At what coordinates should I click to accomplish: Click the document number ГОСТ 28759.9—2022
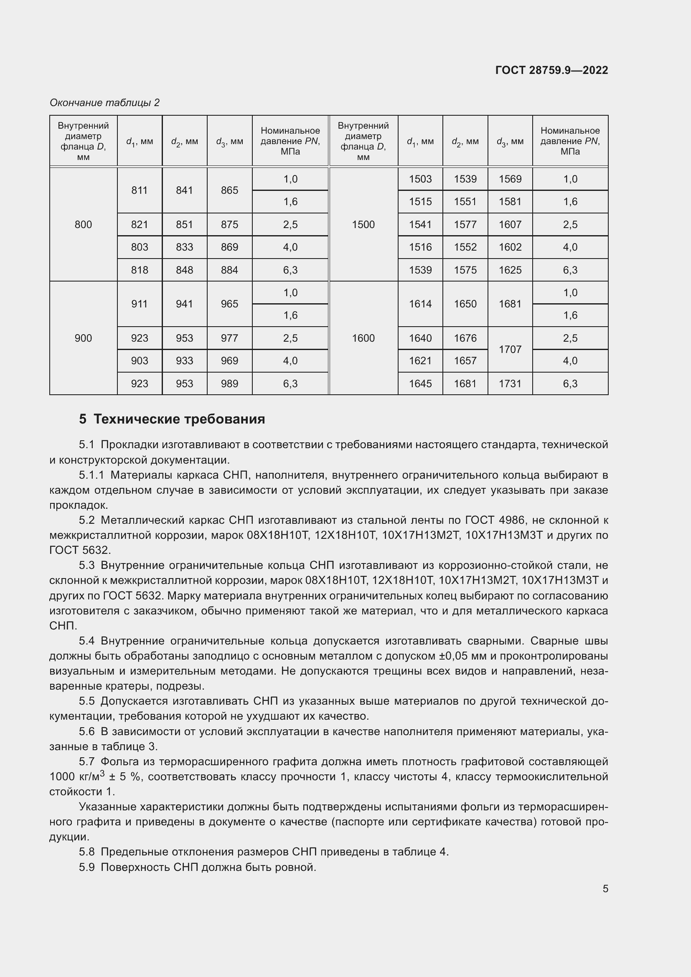[551, 70]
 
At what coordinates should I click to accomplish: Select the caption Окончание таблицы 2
[104, 103]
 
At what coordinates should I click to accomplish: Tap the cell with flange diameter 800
[84, 225]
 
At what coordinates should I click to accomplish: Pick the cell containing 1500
[363, 225]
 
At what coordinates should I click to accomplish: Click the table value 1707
[510, 349]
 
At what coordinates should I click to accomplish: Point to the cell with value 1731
[510, 384]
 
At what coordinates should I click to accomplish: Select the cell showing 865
[229, 190]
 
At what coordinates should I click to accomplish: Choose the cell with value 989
[229, 384]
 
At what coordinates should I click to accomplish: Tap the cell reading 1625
[510, 270]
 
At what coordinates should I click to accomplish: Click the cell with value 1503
[420, 179]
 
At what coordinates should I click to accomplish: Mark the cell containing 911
[140, 304]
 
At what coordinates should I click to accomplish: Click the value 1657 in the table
[465, 361]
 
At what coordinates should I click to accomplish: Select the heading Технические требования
[179, 419]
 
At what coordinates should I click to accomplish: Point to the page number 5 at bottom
[605, 888]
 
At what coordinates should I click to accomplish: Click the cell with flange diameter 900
[84, 338]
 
